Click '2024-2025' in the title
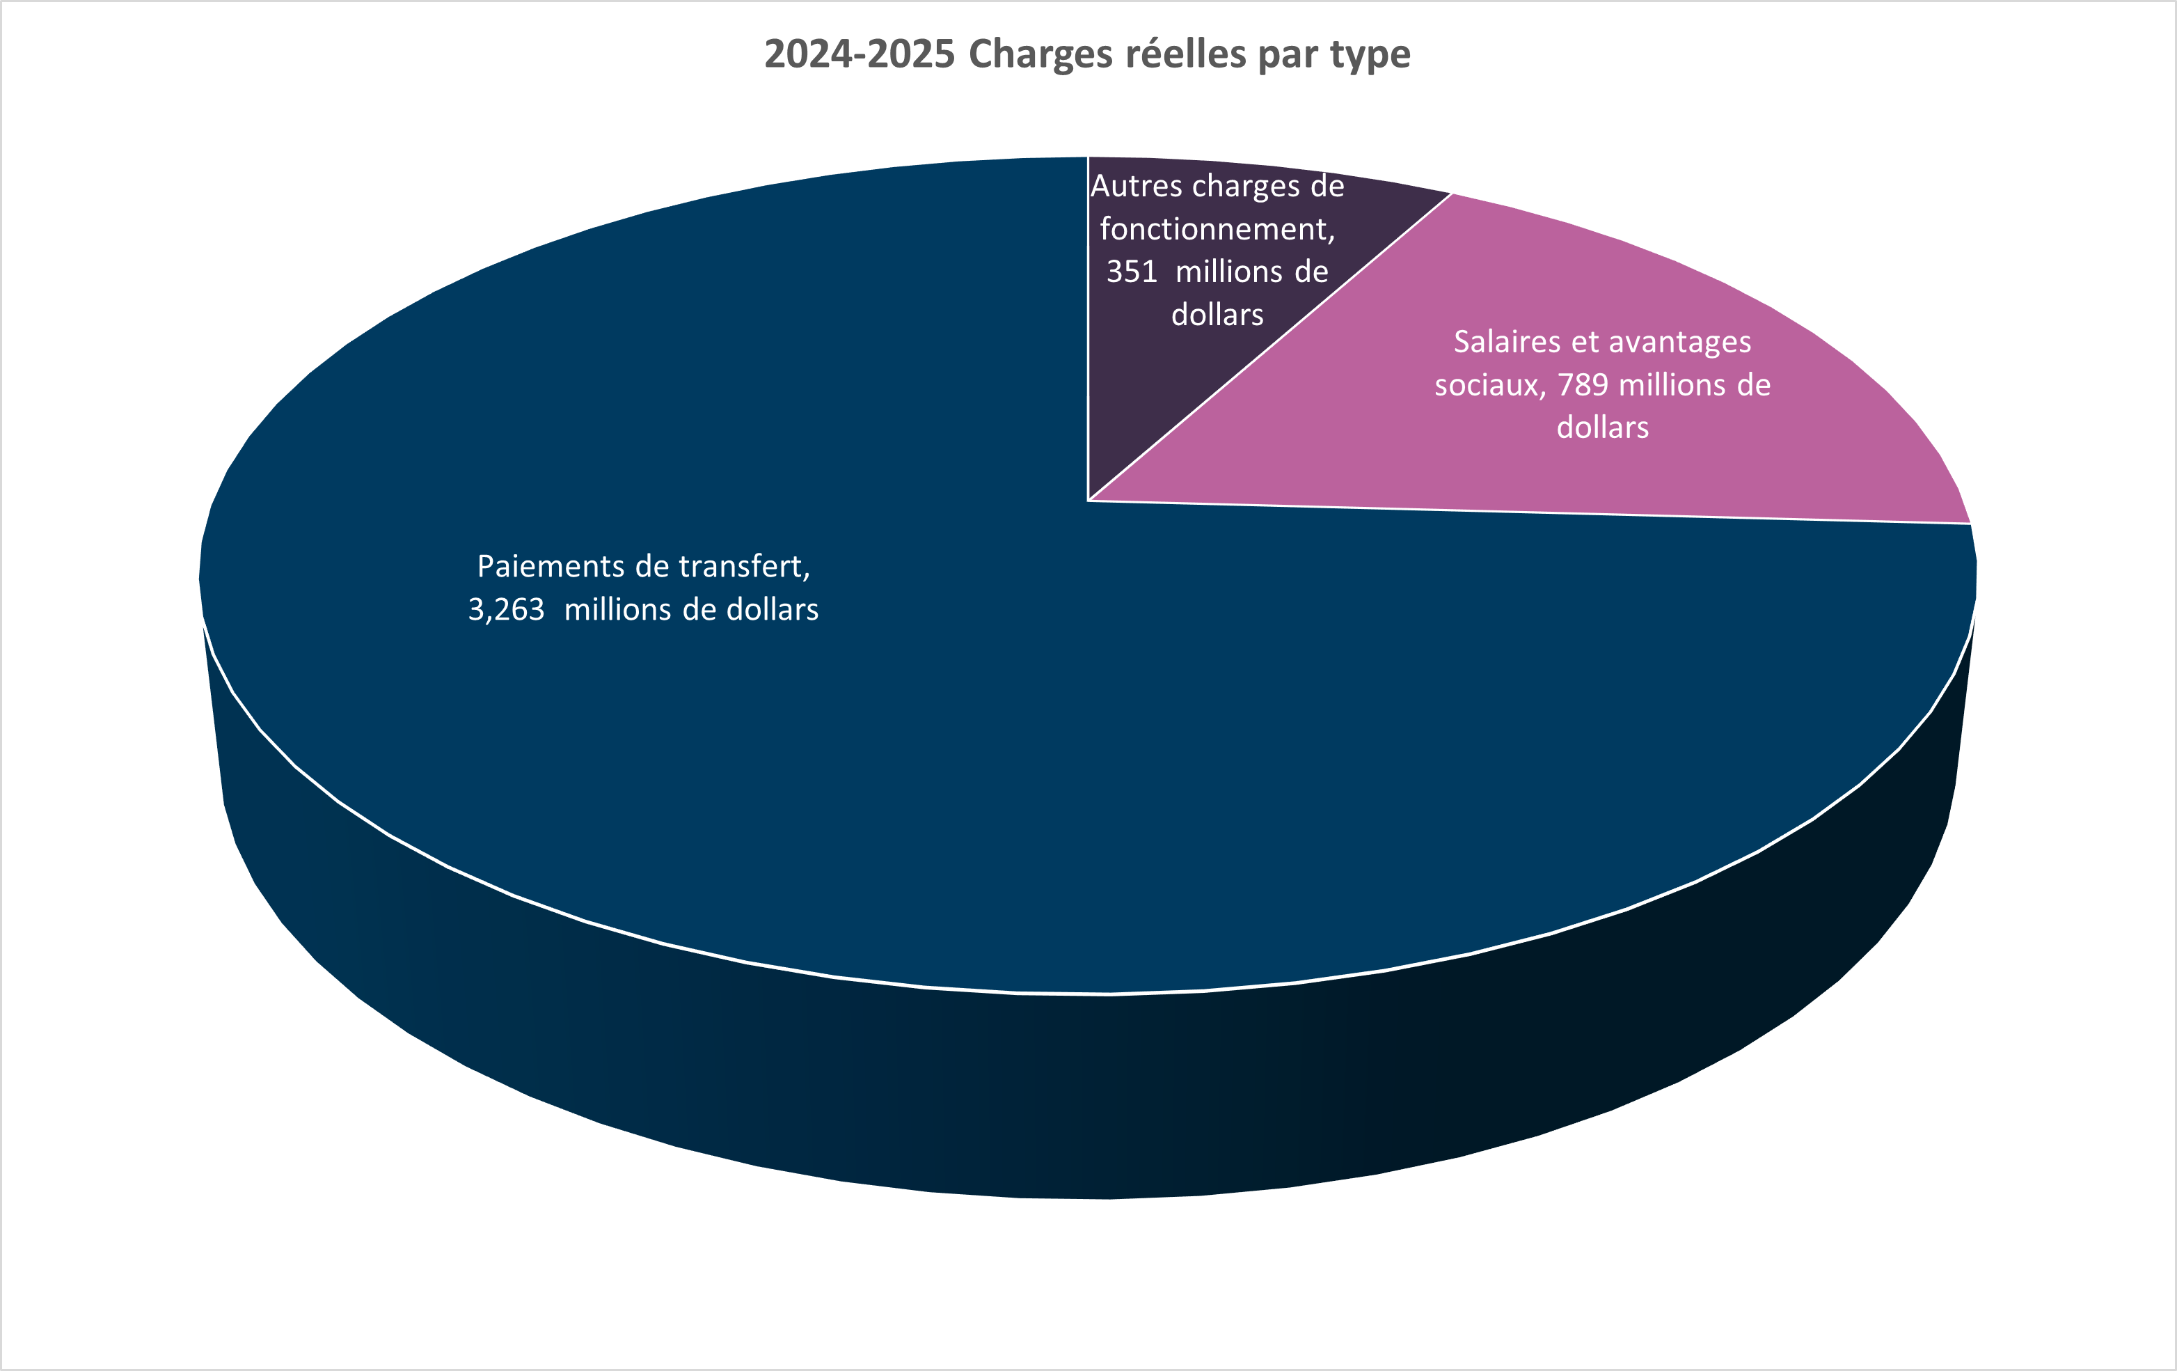(x=859, y=54)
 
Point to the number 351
(x=1132, y=272)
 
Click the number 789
(x=1583, y=385)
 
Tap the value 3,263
(x=505, y=609)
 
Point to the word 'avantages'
(x=1680, y=342)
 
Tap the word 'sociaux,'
(x=1490, y=385)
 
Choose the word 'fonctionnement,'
(x=1217, y=229)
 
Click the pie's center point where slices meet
(x=1088, y=499)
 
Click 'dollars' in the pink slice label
(x=1602, y=428)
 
